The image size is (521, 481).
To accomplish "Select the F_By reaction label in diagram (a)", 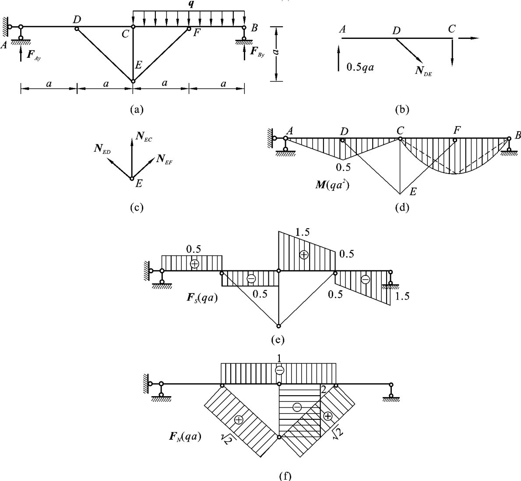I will tap(258, 52).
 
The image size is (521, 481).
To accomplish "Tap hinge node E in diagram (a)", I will tap(133, 81).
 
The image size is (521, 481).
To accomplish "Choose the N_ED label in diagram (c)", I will tap(102, 149).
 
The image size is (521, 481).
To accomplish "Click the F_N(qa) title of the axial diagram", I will tap(184, 436).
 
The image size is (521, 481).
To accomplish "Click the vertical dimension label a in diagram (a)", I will tap(276, 52).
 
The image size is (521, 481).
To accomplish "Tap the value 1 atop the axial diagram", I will tap(279, 358).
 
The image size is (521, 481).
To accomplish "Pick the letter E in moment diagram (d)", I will tap(412, 192).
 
